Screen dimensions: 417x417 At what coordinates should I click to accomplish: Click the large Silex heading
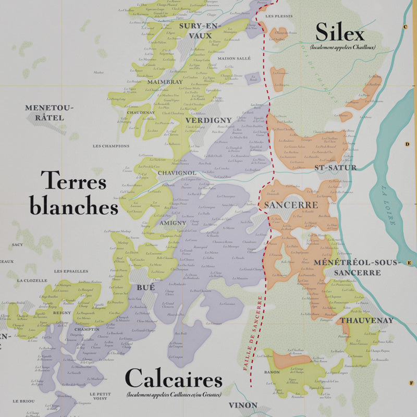pos(340,34)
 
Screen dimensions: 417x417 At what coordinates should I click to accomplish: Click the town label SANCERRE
pos(291,205)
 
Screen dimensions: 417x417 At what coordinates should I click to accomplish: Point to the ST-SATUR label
pos(336,168)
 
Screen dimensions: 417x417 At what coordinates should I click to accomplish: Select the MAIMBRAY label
pos(165,82)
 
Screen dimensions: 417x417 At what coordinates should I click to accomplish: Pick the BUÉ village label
pos(146,287)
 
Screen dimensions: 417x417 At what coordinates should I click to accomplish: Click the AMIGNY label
pos(169,222)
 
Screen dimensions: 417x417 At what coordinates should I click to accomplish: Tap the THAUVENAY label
pos(366,321)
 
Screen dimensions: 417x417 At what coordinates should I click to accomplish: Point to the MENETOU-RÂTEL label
pos(50,113)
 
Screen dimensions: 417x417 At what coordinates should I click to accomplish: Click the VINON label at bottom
pos(243,405)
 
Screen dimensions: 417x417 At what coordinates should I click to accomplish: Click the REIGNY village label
pos(62,313)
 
